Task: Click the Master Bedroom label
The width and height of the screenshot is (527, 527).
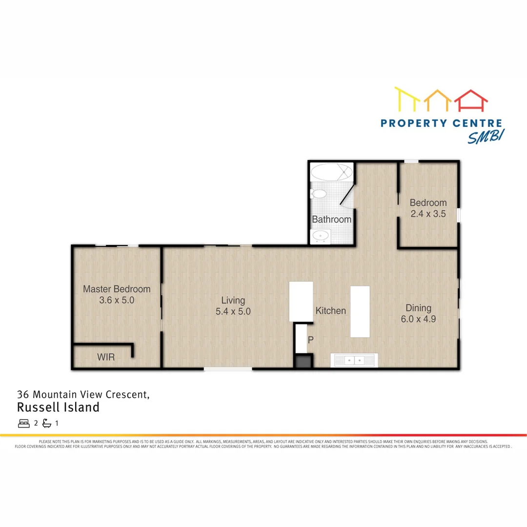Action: coord(117,289)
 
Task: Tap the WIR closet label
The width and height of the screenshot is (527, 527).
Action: coord(106,357)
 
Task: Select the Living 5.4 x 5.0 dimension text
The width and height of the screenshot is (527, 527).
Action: coord(233,311)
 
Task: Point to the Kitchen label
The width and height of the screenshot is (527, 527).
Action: coord(330,311)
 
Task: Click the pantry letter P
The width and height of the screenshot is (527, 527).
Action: coord(309,340)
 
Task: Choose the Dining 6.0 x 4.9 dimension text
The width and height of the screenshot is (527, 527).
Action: coord(419,320)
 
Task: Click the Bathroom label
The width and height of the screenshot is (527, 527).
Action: coord(332,220)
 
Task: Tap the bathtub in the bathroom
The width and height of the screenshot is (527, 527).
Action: coord(331,172)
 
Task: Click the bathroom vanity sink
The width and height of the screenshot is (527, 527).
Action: coord(321,237)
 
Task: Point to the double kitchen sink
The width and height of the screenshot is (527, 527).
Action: coord(354,361)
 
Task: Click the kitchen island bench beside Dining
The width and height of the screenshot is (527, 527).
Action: coord(360,311)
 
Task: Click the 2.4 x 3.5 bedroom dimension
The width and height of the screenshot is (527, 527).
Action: coord(428,213)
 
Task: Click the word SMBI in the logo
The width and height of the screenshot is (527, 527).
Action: coord(486,137)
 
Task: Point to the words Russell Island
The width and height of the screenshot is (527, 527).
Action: coord(58,407)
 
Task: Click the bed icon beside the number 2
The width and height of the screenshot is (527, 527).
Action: coord(24,423)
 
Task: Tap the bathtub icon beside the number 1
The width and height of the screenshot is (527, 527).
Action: coord(47,423)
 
